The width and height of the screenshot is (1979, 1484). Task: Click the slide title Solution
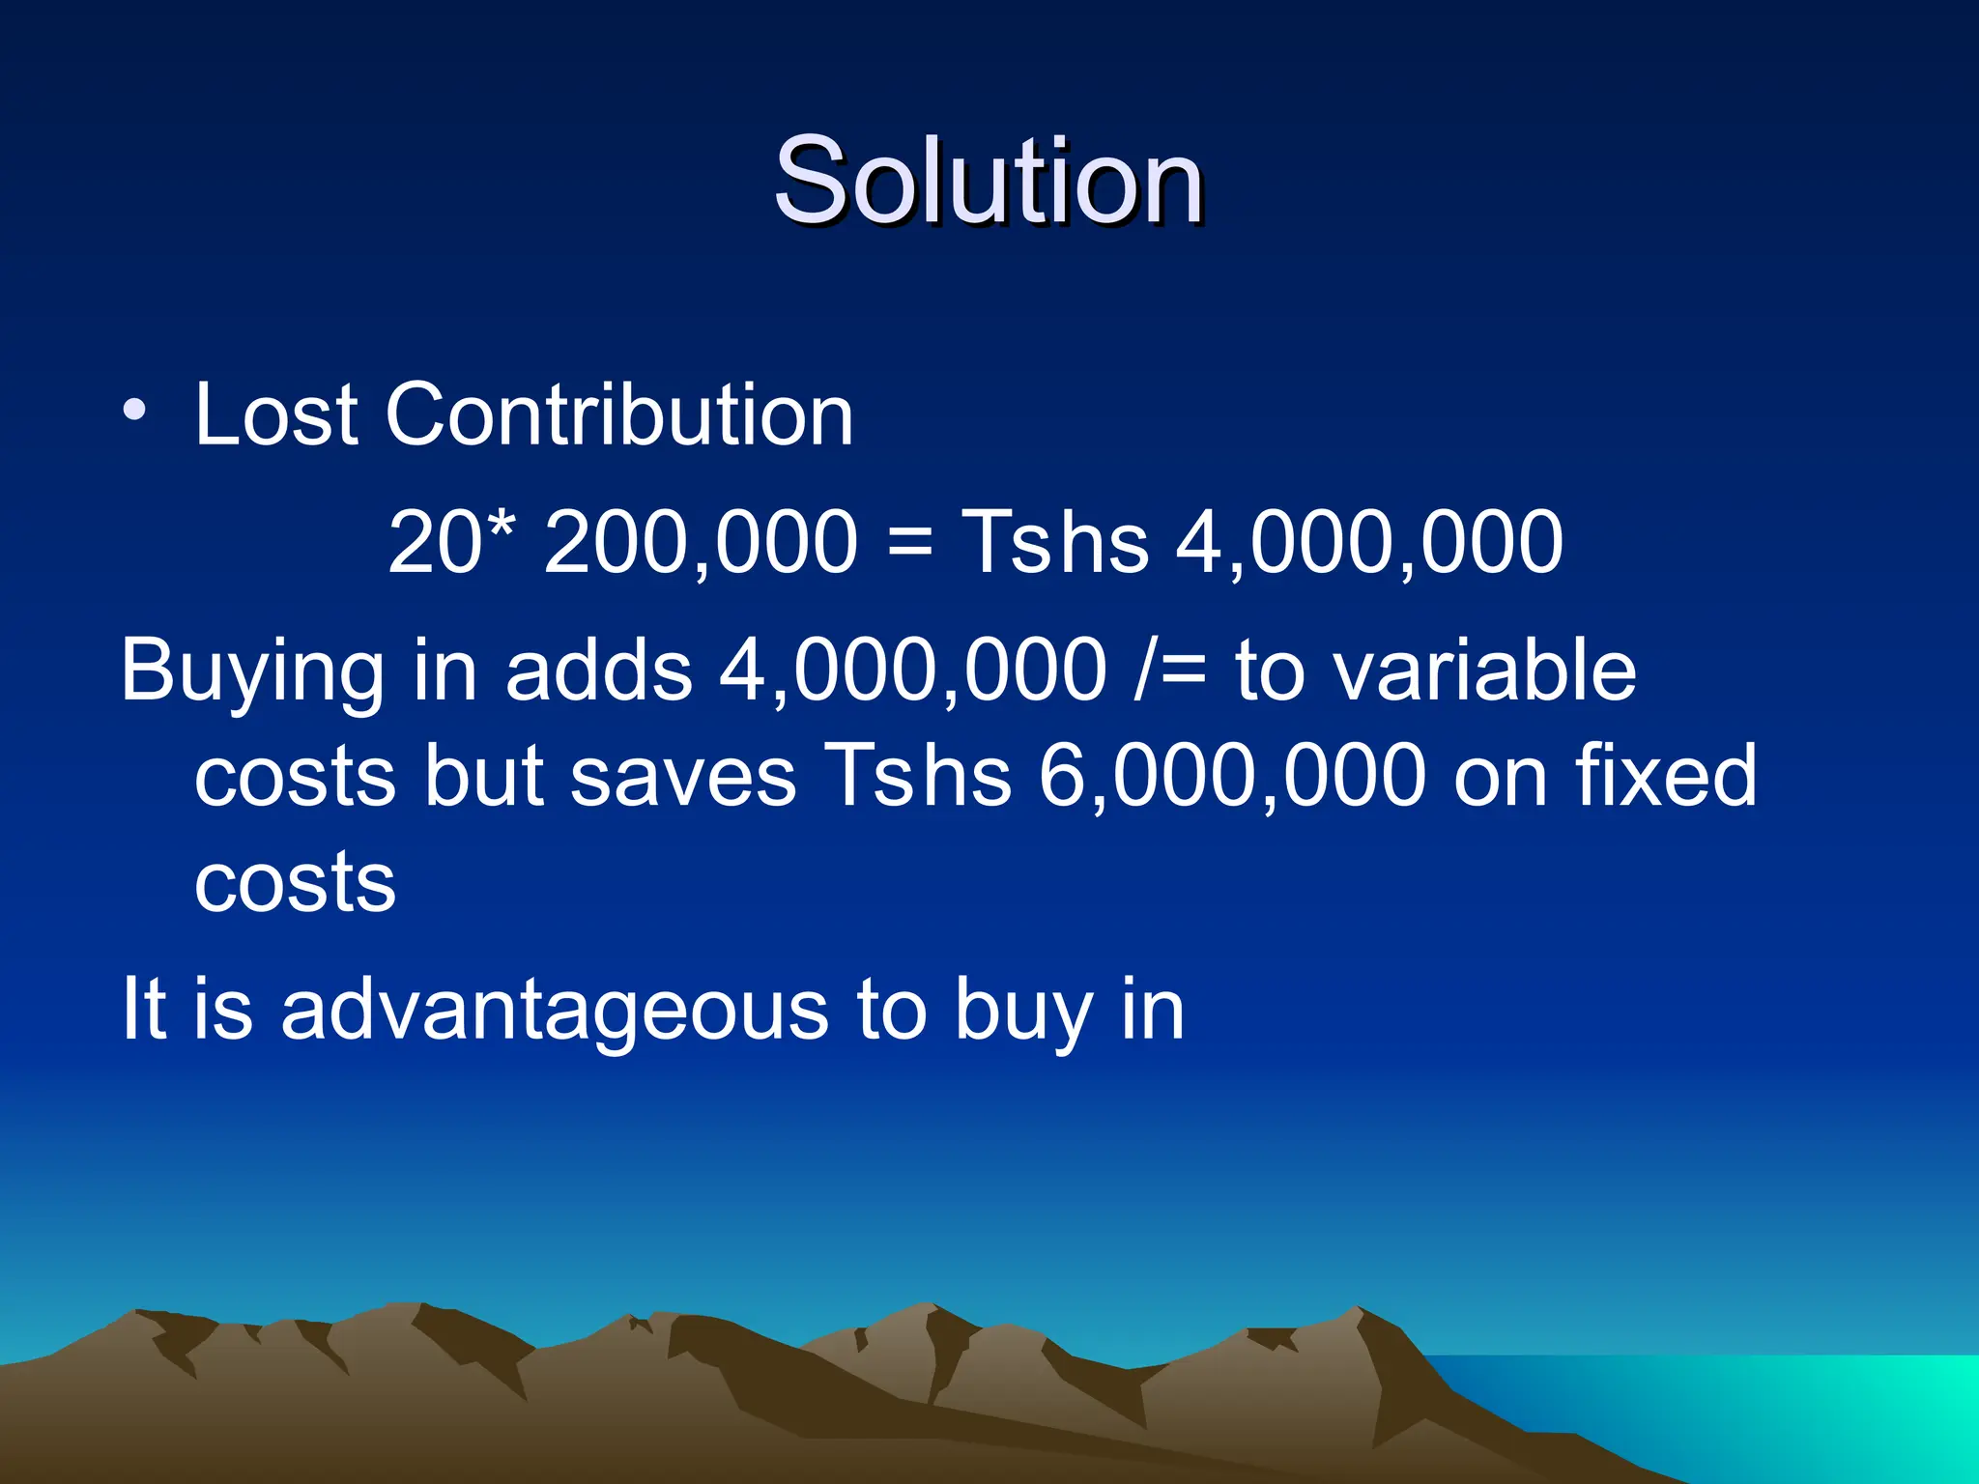coord(989,181)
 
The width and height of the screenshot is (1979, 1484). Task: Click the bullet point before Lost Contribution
coord(134,411)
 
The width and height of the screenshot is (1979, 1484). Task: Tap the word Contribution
coord(619,415)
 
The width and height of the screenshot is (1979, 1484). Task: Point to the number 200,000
coord(701,543)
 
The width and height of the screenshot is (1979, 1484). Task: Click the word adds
coord(598,671)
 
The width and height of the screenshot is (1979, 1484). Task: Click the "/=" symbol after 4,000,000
coord(1172,671)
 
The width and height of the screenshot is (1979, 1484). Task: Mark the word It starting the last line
coord(144,1009)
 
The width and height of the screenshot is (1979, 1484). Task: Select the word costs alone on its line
coord(295,883)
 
